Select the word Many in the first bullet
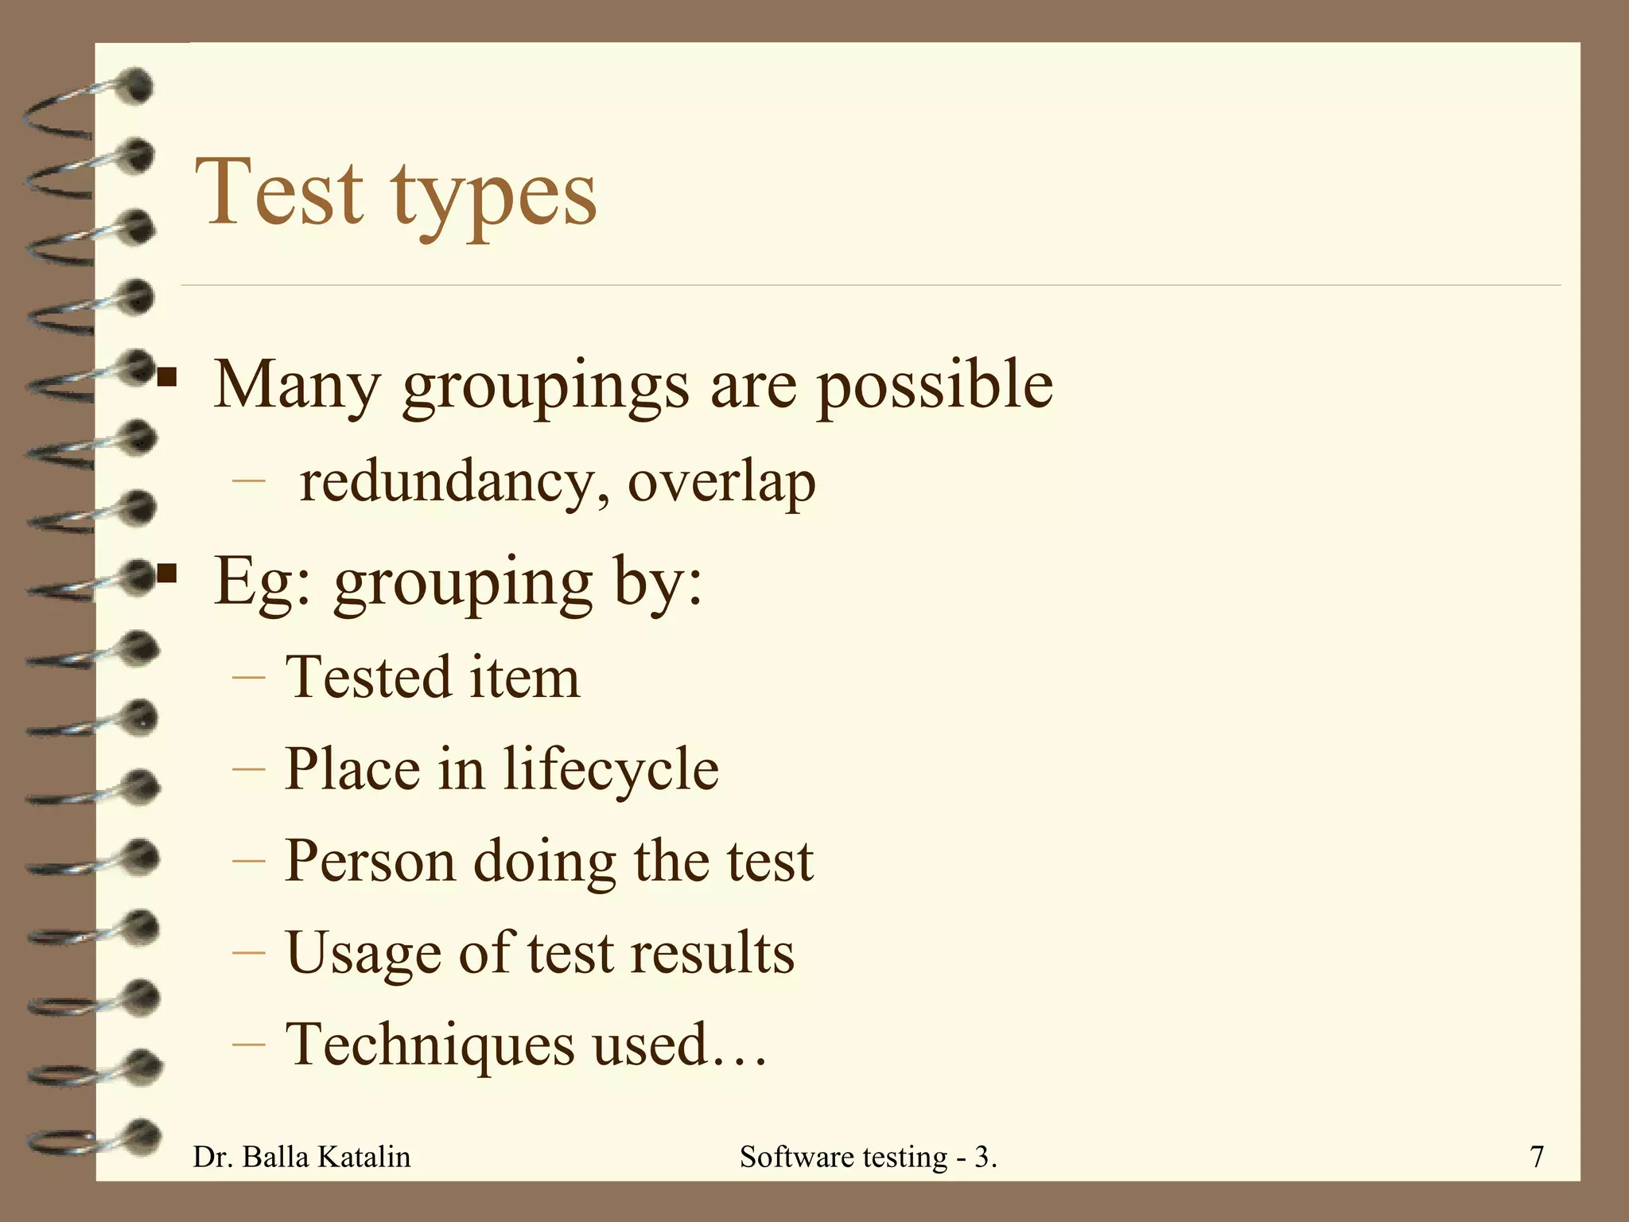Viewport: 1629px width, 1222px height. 297,386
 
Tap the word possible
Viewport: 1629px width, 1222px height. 935,386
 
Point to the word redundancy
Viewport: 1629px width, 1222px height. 449,483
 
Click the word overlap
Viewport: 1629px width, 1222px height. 721,483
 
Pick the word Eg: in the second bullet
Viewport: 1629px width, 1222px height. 262,582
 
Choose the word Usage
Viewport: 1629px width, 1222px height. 363,953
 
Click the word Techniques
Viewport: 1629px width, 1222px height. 430,1045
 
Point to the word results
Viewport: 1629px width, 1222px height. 712,953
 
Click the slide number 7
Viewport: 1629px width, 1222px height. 1537,1157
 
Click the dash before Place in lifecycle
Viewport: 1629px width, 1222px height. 248,769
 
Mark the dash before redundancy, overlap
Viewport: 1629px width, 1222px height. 248,481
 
